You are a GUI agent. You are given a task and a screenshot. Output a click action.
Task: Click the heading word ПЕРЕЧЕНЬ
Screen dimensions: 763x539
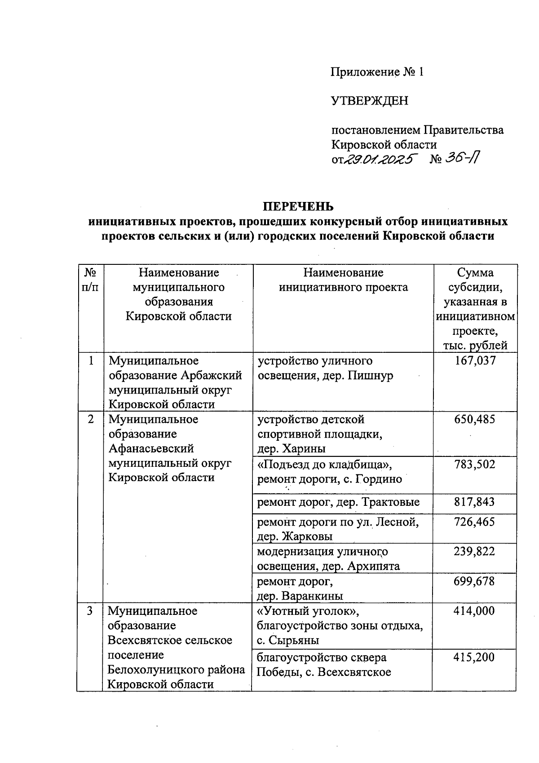[x=298, y=206]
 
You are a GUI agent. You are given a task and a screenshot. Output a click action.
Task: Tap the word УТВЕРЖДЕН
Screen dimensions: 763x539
[x=370, y=101]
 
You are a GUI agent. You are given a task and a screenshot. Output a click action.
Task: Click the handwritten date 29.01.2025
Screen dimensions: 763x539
[x=380, y=160]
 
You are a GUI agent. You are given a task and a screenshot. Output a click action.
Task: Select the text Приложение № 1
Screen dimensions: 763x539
[x=377, y=72]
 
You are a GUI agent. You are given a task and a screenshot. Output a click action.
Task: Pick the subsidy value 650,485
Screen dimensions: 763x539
[x=475, y=420]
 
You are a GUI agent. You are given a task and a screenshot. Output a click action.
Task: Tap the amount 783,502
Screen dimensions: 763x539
[x=475, y=465]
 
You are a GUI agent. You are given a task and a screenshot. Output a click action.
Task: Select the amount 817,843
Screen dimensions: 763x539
[x=475, y=502]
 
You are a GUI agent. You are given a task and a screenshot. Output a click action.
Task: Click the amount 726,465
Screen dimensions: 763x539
[x=475, y=522]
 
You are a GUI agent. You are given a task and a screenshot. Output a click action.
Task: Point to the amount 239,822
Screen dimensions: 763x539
[x=475, y=552]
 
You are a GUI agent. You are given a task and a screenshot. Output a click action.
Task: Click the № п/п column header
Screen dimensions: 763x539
[x=90, y=280]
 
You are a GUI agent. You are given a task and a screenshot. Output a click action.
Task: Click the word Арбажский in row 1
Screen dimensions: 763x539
[x=213, y=376]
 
